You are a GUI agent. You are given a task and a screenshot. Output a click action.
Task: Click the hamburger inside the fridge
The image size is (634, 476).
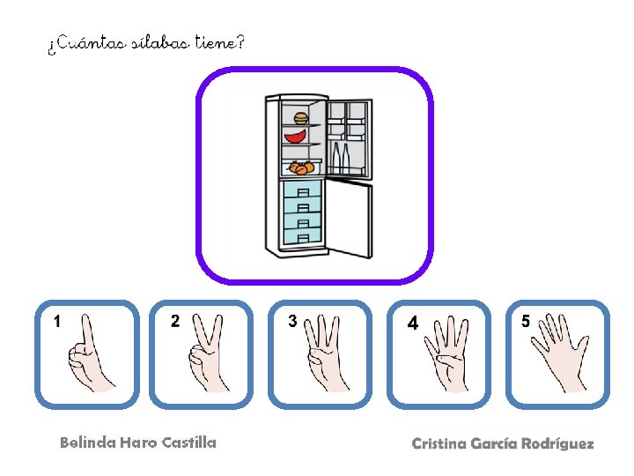pyautogui.click(x=300, y=118)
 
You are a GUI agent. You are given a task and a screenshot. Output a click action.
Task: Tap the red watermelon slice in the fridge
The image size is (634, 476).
pyautogui.click(x=298, y=136)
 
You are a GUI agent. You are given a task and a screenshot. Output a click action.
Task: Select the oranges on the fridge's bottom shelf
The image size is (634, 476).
pyautogui.click(x=301, y=167)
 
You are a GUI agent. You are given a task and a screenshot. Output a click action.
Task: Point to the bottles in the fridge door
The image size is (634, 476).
pyautogui.click(x=341, y=158)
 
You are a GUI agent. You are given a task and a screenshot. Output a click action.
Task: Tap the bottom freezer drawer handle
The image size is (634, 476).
pyautogui.click(x=303, y=237)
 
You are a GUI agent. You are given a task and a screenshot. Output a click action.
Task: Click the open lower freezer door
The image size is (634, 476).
pyautogui.click(x=350, y=218)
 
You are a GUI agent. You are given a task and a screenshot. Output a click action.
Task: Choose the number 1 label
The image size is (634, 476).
pyautogui.click(x=57, y=322)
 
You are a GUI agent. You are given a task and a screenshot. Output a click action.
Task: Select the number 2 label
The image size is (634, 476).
pyautogui.click(x=175, y=321)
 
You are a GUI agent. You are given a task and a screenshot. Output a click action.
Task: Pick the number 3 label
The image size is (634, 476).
pyautogui.click(x=293, y=321)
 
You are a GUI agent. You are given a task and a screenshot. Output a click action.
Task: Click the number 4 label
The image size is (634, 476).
pyautogui.click(x=412, y=324)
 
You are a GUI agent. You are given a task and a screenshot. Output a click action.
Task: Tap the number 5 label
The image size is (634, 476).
pyautogui.click(x=526, y=321)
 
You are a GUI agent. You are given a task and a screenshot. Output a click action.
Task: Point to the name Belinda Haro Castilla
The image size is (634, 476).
pyautogui.click(x=138, y=443)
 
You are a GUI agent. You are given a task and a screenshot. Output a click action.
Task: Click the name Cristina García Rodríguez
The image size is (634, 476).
pyautogui.click(x=502, y=443)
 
